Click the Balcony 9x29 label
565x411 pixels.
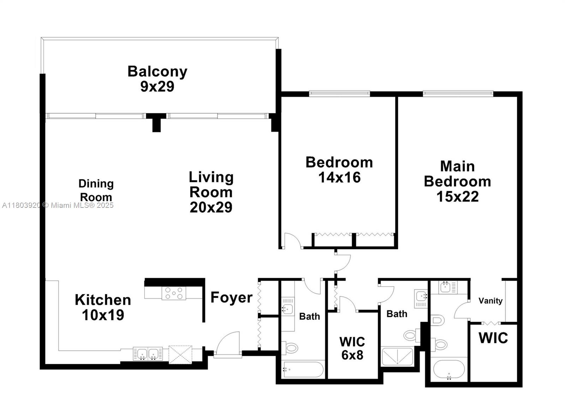point(157,78)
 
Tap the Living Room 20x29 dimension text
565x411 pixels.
point(211,207)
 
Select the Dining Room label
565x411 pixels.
point(96,190)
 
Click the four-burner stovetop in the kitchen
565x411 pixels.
point(174,293)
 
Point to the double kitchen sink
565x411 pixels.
point(148,353)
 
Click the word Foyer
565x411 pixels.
point(231,298)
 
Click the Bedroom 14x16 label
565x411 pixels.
point(339,170)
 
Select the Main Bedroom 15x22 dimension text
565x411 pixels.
point(457,196)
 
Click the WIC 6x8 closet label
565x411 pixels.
point(352,348)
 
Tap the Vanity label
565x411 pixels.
point(490,301)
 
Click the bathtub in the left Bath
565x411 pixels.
point(303,369)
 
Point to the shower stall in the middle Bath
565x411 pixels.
point(397,356)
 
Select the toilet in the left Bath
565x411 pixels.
point(290,348)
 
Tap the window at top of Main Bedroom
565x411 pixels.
point(458,94)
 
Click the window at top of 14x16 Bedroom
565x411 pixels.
point(339,94)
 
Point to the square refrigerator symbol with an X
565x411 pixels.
point(180,354)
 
